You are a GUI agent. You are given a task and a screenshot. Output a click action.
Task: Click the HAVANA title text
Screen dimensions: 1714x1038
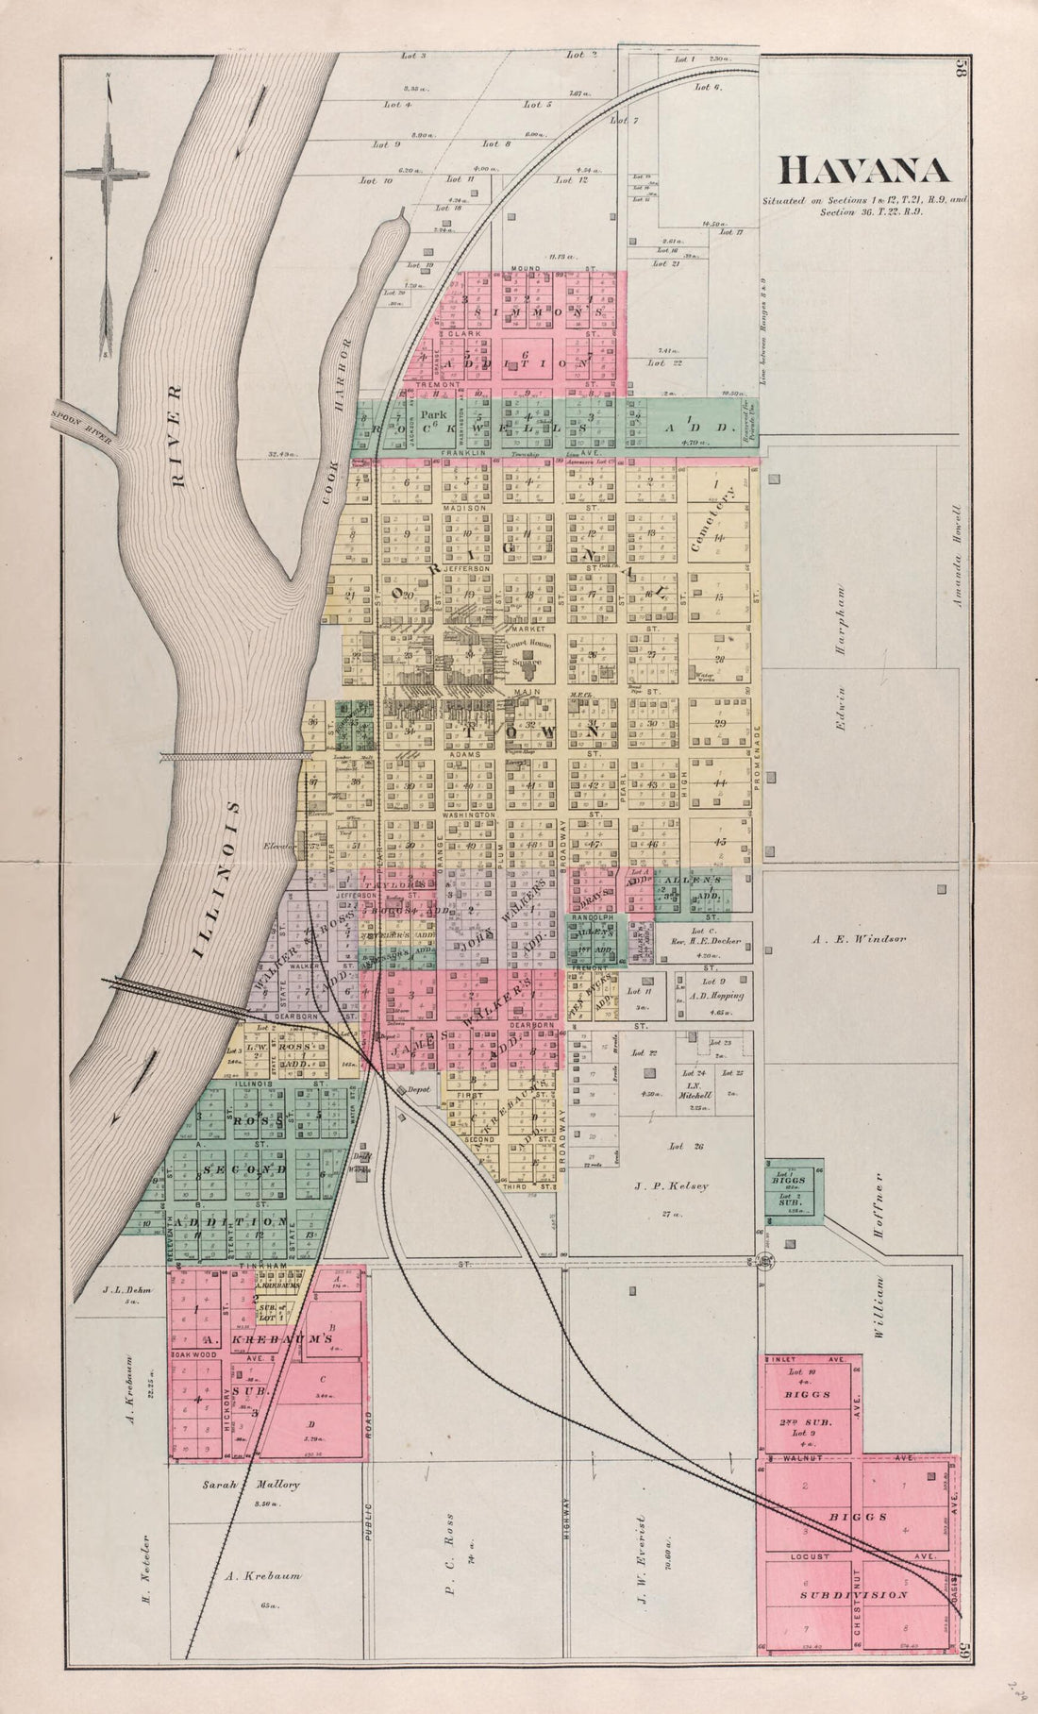click(863, 170)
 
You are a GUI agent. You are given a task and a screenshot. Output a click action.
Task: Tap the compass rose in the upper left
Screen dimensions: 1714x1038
click(108, 172)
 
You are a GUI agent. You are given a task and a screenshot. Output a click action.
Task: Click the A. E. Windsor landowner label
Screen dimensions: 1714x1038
click(857, 939)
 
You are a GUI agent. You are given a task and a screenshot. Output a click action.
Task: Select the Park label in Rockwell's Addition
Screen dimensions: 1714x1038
click(433, 414)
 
